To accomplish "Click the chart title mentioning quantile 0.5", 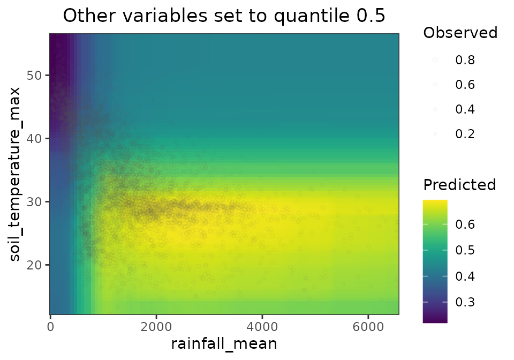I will [x=224, y=16].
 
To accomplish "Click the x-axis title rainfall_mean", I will [x=224, y=343].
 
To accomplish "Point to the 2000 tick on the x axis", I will [x=156, y=326].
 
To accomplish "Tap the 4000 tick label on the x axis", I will [x=261, y=326].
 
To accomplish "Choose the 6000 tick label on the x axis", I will [x=367, y=326].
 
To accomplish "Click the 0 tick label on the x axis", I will [x=50, y=326].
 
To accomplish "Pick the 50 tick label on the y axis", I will [x=35, y=75].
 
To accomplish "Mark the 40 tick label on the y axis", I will [x=35, y=138].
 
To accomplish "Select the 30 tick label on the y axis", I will [x=35, y=201].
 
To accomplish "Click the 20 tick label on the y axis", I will [x=35, y=265].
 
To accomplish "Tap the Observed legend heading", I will [x=460, y=33].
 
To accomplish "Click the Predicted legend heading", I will [x=459, y=185].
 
